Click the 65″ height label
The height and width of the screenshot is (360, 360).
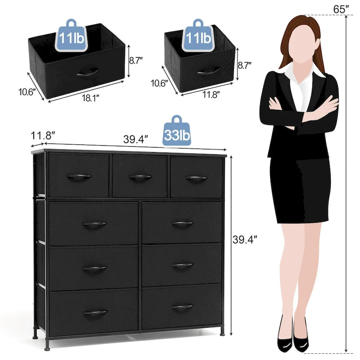pos(341,9)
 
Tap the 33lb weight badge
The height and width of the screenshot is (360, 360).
pos(176,130)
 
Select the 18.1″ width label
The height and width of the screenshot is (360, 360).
pos(90,98)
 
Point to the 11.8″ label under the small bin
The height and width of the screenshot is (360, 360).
pos(211,94)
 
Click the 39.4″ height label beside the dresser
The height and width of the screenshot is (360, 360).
pos(244,240)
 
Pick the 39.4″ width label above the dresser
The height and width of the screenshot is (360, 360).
pos(135,139)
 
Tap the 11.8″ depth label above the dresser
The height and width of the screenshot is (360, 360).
pos(43,135)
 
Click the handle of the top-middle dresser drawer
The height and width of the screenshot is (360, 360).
pos(140,177)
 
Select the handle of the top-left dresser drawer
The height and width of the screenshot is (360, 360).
pos(79,176)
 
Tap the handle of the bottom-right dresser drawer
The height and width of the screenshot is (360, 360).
pos(183,306)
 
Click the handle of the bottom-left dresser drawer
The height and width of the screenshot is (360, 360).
pos(95,312)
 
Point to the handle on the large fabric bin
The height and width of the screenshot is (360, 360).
pos(87,72)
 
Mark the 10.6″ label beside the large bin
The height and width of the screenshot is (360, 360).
pos(27,92)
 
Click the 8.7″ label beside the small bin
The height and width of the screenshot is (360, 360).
pos(244,65)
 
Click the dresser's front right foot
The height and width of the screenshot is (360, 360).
pos(222,333)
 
